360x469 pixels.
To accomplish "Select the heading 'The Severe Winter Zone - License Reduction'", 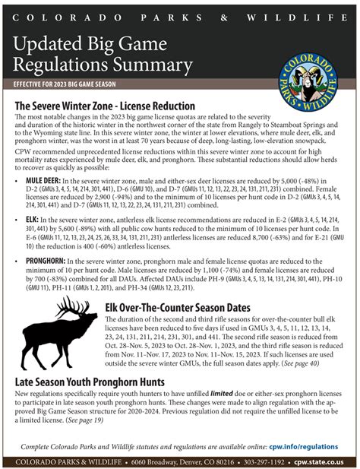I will pyautogui.click(x=105, y=106).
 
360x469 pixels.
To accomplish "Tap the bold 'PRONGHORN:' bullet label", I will pyautogui.click(x=48, y=261).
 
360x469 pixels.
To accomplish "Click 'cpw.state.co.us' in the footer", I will pyautogui.click(x=319, y=461).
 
